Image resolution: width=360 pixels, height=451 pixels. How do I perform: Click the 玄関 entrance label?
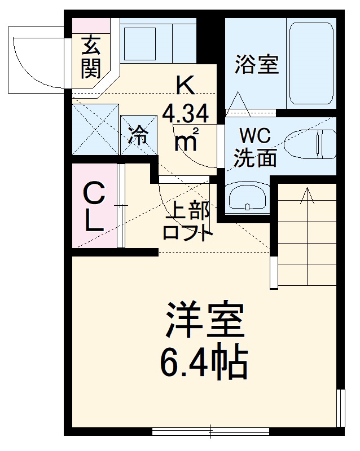(x=91, y=57)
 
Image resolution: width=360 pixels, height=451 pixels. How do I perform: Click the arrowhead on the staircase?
(x=308, y=194)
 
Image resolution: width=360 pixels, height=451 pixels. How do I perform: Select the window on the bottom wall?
(x=210, y=432)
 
